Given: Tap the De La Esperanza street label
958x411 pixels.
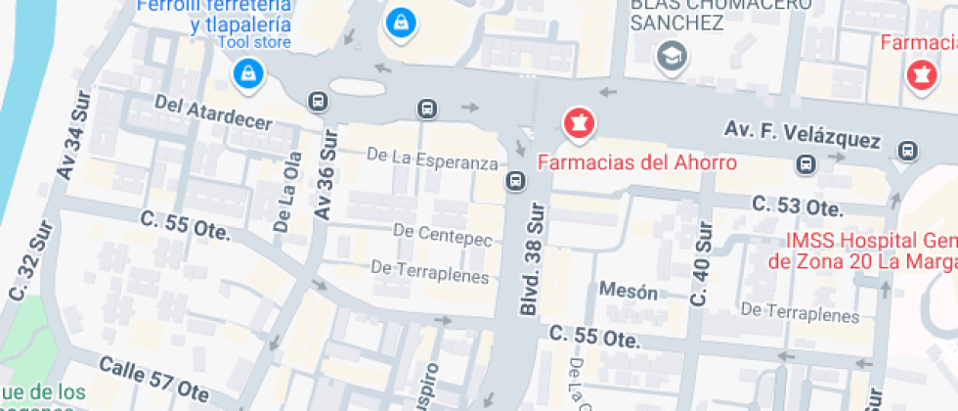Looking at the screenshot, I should (x=433, y=157).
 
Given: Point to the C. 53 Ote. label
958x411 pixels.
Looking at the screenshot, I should (x=796, y=205).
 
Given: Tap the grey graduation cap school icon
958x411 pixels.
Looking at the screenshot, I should (x=673, y=54).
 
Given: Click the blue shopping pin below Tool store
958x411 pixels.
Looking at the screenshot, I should (x=248, y=72).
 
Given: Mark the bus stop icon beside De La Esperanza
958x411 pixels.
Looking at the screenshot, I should (x=515, y=181).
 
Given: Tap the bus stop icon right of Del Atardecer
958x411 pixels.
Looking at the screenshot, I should (x=317, y=101).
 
